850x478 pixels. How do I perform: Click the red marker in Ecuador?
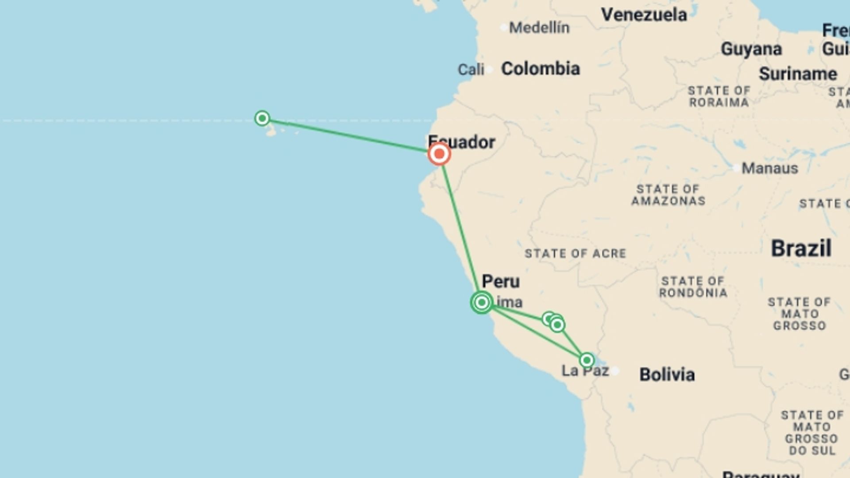pyautogui.click(x=439, y=154)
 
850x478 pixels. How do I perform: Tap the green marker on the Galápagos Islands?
pyautogui.click(x=262, y=118)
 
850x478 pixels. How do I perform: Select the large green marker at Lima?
pyautogui.click(x=482, y=302)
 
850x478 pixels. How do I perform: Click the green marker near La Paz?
pyautogui.click(x=587, y=360)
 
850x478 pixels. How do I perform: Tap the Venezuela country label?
pyautogui.click(x=644, y=15)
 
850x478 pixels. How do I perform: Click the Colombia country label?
pyautogui.click(x=540, y=69)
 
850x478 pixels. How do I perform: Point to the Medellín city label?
pyautogui.click(x=539, y=28)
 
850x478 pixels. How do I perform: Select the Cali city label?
pyautogui.click(x=471, y=69)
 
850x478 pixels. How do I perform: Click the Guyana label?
pyautogui.click(x=751, y=49)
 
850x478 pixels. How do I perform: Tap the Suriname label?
pyautogui.click(x=798, y=74)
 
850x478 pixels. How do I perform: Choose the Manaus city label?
pyautogui.click(x=769, y=168)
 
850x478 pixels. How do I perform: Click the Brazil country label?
pyautogui.click(x=801, y=248)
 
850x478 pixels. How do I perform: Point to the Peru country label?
pyautogui.click(x=501, y=281)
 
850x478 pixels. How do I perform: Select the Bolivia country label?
pyautogui.click(x=667, y=374)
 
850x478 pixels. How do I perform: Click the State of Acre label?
pyautogui.click(x=575, y=254)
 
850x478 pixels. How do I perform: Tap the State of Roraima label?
pyautogui.click(x=719, y=96)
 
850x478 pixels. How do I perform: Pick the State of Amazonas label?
pyautogui.click(x=668, y=195)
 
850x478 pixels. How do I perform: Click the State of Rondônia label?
pyautogui.click(x=693, y=287)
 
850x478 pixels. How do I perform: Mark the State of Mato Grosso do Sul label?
pyautogui.click(x=811, y=433)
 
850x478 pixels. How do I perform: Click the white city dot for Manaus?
pyautogui.click(x=736, y=168)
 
